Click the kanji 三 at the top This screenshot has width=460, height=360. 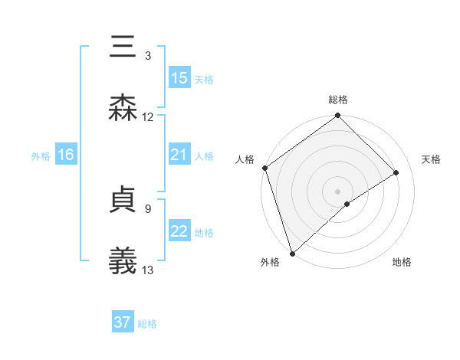(x=123, y=47)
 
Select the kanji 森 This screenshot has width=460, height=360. (x=123, y=108)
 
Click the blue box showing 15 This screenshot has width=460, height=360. (x=179, y=77)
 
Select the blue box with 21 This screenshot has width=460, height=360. (x=179, y=155)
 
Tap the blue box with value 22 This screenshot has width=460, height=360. (x=179, y=231)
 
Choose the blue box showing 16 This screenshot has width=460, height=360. (x=66, y=155)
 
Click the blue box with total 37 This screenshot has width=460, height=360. (x=123, y=322)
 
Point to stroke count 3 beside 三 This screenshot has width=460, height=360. (x=148, y=56)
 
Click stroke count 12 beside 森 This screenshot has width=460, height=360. (x=148, y=116)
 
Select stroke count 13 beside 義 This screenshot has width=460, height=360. (x=148, y=269)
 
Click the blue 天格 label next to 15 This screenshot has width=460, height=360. (x=204, y=79)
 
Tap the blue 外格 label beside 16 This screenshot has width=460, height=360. (x=41, y=156)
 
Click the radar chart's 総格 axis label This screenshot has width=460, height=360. (x=338, y=100)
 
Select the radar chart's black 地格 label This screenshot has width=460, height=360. (x=402, y=262)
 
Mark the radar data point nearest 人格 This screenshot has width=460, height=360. (x=264, y=168)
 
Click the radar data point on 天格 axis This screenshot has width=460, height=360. (x=396, y=172)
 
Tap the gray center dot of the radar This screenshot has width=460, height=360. (x=338, y=191)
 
